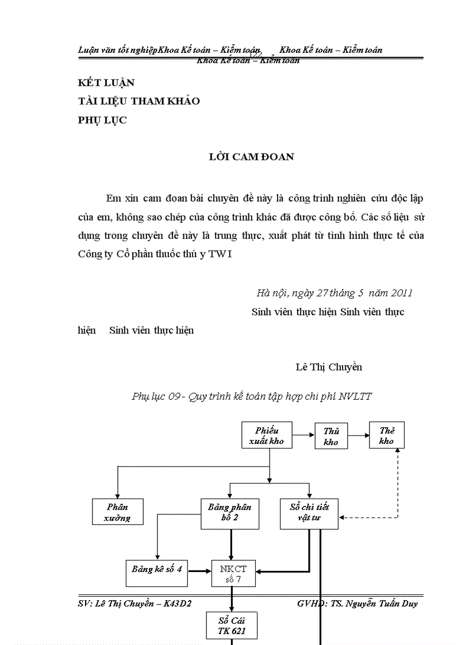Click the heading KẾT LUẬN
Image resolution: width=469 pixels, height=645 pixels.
coord(106,83)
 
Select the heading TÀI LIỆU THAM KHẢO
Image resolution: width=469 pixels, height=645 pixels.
coord(139,101)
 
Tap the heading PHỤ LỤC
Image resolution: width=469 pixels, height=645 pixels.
coord(102,120)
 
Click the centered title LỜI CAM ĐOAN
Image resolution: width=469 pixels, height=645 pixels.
coord(251,156)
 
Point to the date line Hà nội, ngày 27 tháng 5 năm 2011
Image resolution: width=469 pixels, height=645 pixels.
coord(335,292)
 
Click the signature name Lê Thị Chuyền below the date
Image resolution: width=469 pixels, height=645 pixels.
coord(329,367)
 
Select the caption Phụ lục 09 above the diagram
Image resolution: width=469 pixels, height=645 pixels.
coord(252,396)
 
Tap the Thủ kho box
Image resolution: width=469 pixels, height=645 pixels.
coord(330,437)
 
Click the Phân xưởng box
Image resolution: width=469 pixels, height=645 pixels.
coord(117,512)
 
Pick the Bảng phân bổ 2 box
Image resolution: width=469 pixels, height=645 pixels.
coord(230,513)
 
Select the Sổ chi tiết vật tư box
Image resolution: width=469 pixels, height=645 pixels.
coord(309,513)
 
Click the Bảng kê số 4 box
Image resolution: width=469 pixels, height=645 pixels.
coord(157,570)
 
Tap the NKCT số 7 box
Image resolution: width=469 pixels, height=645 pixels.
coord(233,574)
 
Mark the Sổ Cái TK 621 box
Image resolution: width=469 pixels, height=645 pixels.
coord(232,625)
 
